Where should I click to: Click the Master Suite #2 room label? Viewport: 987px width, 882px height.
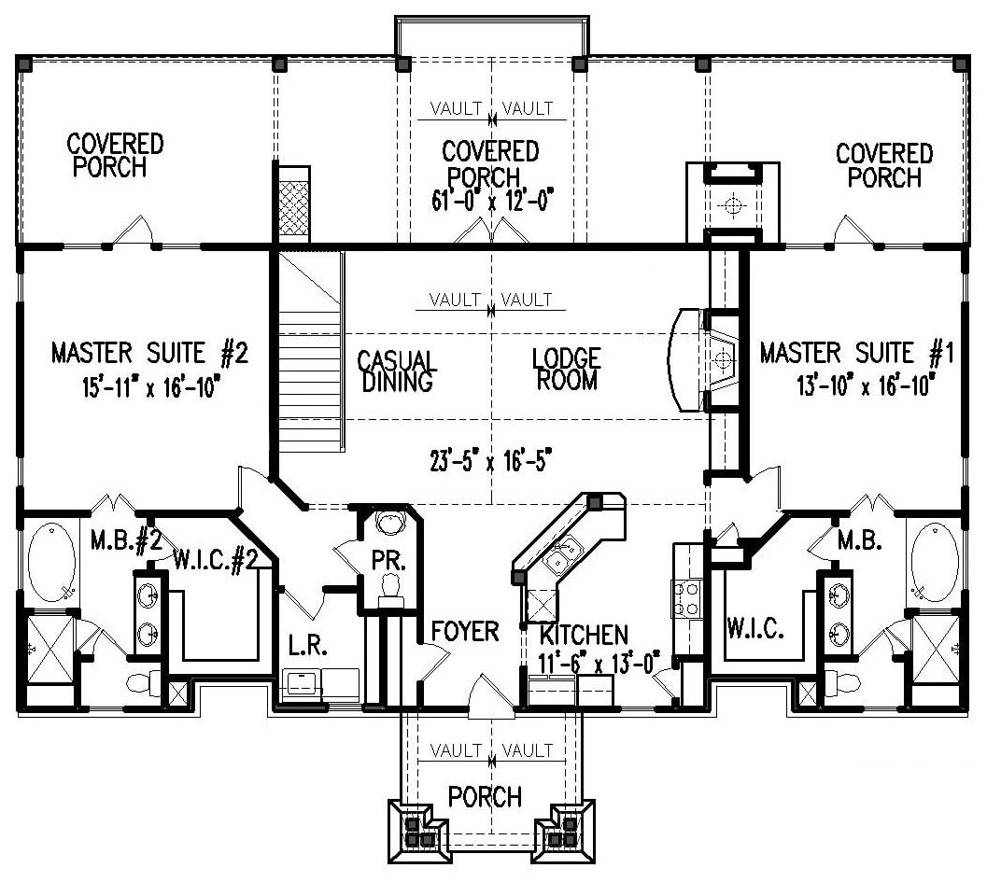[x=148, y=354]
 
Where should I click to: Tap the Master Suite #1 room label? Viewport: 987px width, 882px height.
[x=855, y=354]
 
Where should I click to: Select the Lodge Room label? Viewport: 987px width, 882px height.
[x=566, y=370]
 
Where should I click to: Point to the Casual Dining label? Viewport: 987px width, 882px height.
[x=397, y=371]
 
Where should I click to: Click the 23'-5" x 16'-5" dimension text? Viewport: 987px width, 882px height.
[x=493, y=460]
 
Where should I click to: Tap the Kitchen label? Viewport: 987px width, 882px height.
[x=584, y=636]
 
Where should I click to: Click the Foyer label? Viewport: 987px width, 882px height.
[x=464, y=632]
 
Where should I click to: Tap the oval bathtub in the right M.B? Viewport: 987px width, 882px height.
[x=933, y=560]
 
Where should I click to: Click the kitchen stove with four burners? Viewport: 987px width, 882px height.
[x=685, y=597]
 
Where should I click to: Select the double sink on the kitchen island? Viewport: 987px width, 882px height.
[x=563, y=556]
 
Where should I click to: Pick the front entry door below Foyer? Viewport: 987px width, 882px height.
[x=491, y=698]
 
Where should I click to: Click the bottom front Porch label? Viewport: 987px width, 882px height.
[x=485, y=797]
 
